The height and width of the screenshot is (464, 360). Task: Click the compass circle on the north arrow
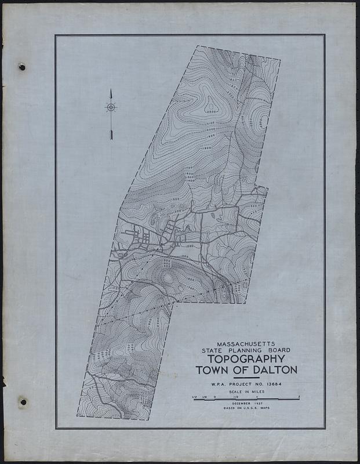point(111,107)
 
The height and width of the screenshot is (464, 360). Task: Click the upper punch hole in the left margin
point(22,67)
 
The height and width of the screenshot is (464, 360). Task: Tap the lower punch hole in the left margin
point(22,401)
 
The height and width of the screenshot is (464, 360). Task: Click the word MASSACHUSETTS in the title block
point(246,343)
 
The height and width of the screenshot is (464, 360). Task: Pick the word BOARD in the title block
point(278,351)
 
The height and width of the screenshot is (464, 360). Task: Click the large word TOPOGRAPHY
point(246,360)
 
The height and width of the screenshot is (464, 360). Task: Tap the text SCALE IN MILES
point(246,391)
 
